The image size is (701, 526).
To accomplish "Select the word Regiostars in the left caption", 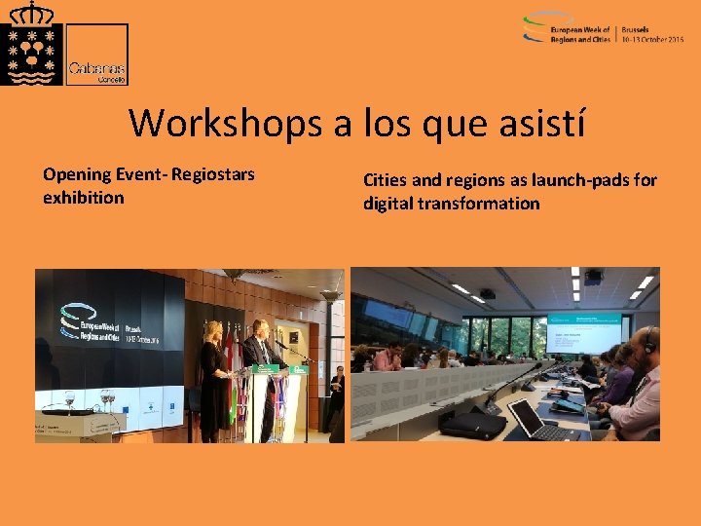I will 211,174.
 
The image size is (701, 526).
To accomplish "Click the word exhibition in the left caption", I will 84,198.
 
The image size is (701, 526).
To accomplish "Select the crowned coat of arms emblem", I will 31,46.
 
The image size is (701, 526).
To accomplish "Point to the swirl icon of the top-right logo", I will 535,28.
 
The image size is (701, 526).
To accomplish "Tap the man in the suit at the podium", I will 259,370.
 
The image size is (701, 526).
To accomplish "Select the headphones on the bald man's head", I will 646,340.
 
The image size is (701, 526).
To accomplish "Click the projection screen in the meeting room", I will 583,330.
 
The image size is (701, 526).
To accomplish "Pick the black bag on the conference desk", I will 472,425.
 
